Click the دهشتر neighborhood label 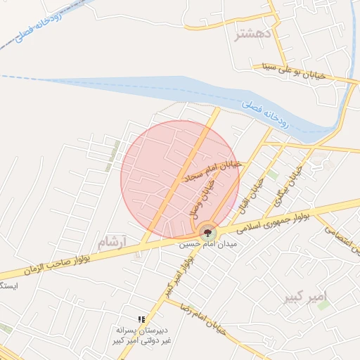[x=252, y=33]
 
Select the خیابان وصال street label [x=203, y=196]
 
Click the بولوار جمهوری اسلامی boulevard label [x=273, y=222]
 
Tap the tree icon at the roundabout [x=207, y=233]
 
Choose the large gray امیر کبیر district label [x=307, y=297]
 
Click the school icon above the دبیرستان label [x=141, y=319]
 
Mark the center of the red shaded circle [x=180, y=179]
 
